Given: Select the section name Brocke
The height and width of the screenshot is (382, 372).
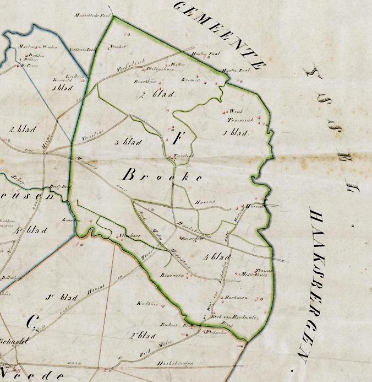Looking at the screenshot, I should (160, 176).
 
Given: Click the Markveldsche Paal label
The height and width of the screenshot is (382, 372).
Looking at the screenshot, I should (93, 16).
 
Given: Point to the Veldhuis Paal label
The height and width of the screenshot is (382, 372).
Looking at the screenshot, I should (83, 49).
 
